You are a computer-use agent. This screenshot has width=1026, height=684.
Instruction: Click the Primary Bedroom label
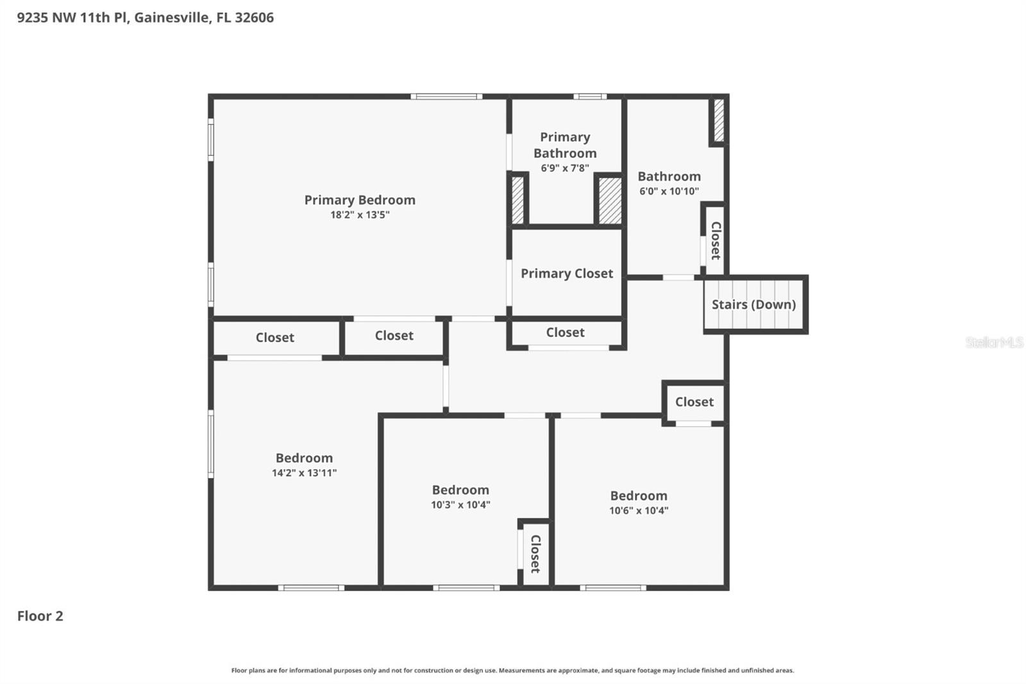click(x=359, y=200)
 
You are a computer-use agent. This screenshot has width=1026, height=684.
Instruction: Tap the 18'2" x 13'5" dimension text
click(x=359, y=215)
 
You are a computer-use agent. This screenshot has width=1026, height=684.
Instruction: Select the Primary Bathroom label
click(x=564, y=145)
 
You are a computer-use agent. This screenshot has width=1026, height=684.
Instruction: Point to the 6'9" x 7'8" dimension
click(x=564, y=168)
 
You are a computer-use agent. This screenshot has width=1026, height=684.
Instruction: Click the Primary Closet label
click(x=566, y=273)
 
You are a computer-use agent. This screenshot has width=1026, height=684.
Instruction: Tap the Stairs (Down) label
click(x=753, y=304)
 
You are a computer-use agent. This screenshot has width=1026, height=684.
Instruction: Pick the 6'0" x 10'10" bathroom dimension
click(x=668, y=191)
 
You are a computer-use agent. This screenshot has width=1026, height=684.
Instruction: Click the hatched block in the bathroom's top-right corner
click(x=719, y=120)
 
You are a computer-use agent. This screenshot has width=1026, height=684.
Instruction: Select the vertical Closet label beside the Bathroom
click(x=716, y=240)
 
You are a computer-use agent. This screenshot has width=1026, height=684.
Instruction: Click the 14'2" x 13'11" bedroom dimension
click(x=304, y=473)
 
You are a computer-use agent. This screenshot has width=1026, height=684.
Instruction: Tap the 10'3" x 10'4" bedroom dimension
click(x=460, y=505)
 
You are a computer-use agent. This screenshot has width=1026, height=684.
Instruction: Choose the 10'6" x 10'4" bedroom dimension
click(x=638, y=511)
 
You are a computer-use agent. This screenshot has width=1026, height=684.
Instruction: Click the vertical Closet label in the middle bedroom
click(x=535, y=554)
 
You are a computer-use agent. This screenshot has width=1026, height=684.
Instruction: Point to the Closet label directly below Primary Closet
click(x=565, y=332)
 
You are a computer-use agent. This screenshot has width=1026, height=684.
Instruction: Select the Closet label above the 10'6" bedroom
click(x=694, y=402)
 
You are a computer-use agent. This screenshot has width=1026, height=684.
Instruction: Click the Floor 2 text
click(x=40, y=616)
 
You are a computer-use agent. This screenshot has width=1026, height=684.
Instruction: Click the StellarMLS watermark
click(x=993, y=343)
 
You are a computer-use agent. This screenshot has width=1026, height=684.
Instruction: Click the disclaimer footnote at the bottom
click(x=512, y=671)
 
